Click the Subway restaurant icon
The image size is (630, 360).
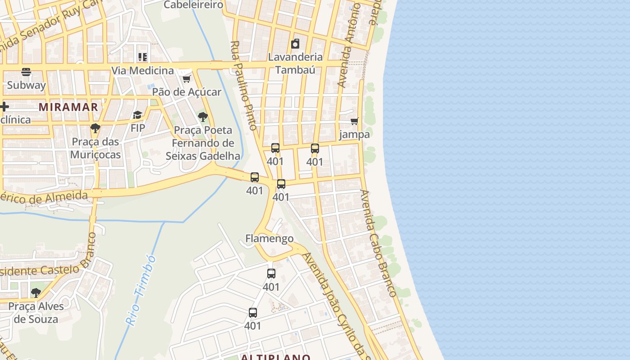26,72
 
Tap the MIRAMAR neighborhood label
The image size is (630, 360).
68,107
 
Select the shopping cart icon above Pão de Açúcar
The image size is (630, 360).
186,79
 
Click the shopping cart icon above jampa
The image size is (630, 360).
355,121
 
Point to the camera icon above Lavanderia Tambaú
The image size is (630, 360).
295,44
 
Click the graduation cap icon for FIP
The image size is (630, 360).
138,115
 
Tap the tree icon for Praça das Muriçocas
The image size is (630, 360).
95,128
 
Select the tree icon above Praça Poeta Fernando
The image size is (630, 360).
203,117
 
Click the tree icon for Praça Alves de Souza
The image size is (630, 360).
36,293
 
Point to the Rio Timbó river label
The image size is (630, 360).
141,290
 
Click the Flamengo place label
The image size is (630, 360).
270,238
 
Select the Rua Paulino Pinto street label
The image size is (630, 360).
244,85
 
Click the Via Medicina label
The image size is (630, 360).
142,71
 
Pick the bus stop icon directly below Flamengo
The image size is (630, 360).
271,274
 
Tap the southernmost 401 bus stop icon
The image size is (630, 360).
253,313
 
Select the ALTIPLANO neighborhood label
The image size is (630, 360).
275,357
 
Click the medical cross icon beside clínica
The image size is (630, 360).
4,107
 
